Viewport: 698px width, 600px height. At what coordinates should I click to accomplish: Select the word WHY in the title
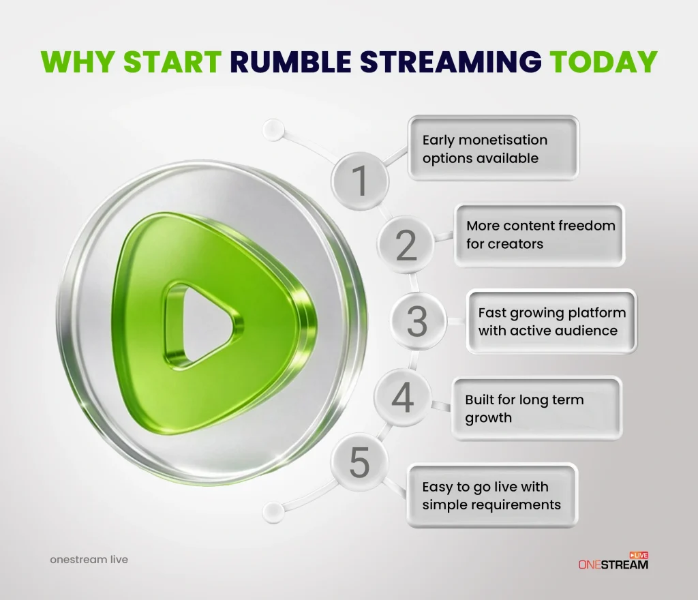76,62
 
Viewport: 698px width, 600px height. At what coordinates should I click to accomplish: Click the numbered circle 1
359,181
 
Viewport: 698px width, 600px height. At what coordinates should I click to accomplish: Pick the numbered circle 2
406,244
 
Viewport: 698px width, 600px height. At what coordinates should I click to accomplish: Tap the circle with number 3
416,321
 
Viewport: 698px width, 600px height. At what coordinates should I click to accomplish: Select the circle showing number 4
402,398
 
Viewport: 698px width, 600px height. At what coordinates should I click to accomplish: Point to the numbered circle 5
359,463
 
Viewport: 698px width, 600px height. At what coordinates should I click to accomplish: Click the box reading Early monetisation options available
493,149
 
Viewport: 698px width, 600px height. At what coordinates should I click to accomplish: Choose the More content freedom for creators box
539,235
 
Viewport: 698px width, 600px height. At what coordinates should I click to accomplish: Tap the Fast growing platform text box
551,321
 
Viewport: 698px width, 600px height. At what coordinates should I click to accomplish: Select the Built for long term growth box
536,408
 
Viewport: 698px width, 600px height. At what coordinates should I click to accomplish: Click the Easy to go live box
491,495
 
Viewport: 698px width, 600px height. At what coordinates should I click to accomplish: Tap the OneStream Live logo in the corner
613,561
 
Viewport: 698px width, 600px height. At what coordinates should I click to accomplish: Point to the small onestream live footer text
89,560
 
